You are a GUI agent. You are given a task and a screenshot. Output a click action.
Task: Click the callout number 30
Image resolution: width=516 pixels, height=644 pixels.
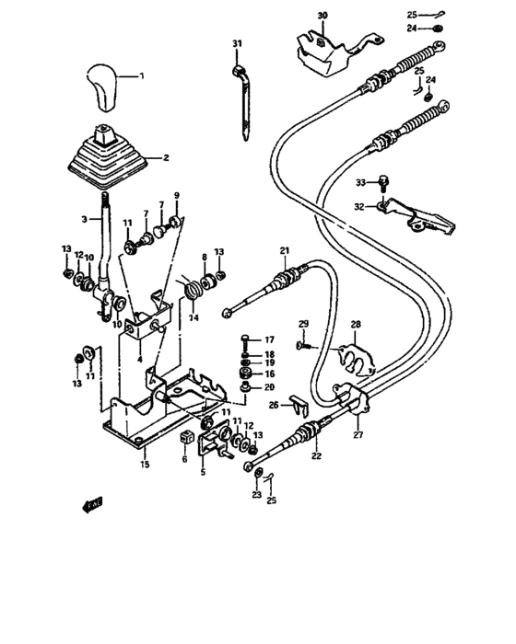coord(322,16)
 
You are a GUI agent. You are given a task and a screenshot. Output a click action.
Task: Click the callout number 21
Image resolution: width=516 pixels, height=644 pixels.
coord(285,251)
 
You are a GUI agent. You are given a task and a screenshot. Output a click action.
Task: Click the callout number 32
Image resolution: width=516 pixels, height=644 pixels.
coord(361,207)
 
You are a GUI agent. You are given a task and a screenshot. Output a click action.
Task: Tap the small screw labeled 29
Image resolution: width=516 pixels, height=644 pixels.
coord(301,345)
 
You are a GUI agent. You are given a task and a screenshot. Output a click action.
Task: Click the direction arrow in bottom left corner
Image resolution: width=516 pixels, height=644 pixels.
coord(90,503)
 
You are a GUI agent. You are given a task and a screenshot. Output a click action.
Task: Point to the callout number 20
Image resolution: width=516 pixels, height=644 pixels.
coord(269,388)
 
